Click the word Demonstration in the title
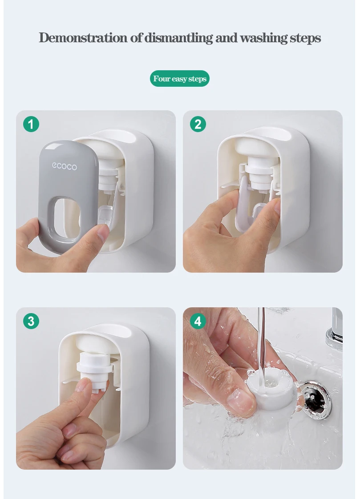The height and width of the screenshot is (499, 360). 83,37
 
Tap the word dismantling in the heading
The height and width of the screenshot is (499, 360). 178,38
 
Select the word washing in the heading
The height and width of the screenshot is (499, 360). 263,38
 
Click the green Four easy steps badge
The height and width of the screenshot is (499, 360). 179,79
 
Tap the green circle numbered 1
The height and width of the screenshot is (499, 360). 31,124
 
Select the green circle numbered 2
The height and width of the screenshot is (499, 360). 198,124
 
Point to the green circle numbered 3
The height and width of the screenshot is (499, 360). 31,321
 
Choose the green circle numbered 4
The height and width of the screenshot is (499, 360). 198,321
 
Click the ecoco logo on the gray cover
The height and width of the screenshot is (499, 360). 65,166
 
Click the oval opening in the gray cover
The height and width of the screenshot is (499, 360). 66,218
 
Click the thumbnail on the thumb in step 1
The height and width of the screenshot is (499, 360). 103,233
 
